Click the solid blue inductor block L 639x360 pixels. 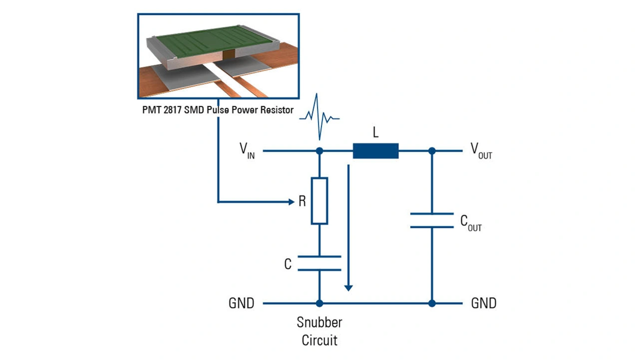tap(376, 151)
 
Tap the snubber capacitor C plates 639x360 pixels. tap(319, 263)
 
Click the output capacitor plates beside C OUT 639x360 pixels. tap(432, 220)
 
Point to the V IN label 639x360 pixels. tap(247, 151)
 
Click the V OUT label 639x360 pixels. tap(481, 151)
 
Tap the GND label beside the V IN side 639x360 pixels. tap(241, 303)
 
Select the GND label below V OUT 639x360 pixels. tap(484, 303)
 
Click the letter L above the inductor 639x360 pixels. tap(375, 132)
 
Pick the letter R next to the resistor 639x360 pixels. tap(302, 201)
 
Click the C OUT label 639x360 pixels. tap(471, 223)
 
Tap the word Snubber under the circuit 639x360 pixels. tap(319, 323)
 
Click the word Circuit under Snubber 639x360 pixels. tap(319, 341)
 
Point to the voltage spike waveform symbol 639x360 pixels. tap(319, 117)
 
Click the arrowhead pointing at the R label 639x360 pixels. tap(291, 202)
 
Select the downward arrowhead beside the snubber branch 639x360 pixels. tap(348, 288)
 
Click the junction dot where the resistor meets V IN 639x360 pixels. tap(319, 151)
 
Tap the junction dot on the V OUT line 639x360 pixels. tap(432, 151)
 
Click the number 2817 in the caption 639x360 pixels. tap(173, 110)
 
